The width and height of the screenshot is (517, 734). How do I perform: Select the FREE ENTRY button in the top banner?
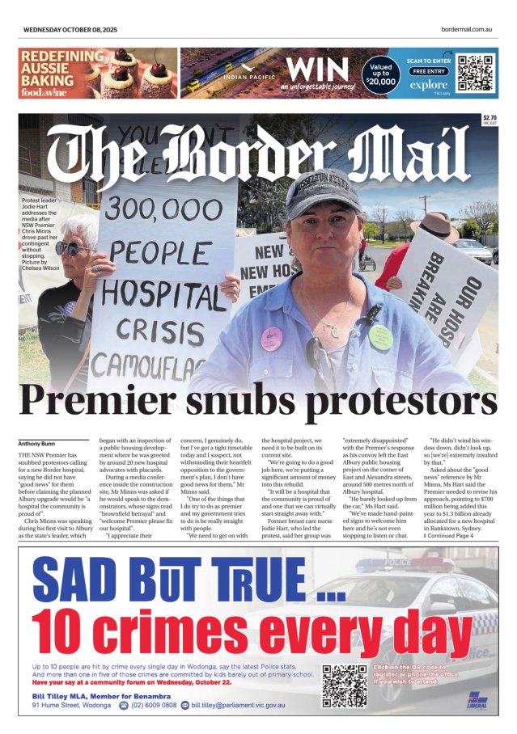(429, 71)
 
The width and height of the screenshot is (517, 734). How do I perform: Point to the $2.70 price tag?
(489, 118)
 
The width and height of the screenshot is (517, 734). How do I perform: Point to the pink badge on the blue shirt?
(271, 337)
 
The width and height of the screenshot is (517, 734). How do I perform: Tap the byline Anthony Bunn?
(36, 442)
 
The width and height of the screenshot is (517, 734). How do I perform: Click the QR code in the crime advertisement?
(344, 684)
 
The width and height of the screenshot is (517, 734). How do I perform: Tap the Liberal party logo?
(477, 698)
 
